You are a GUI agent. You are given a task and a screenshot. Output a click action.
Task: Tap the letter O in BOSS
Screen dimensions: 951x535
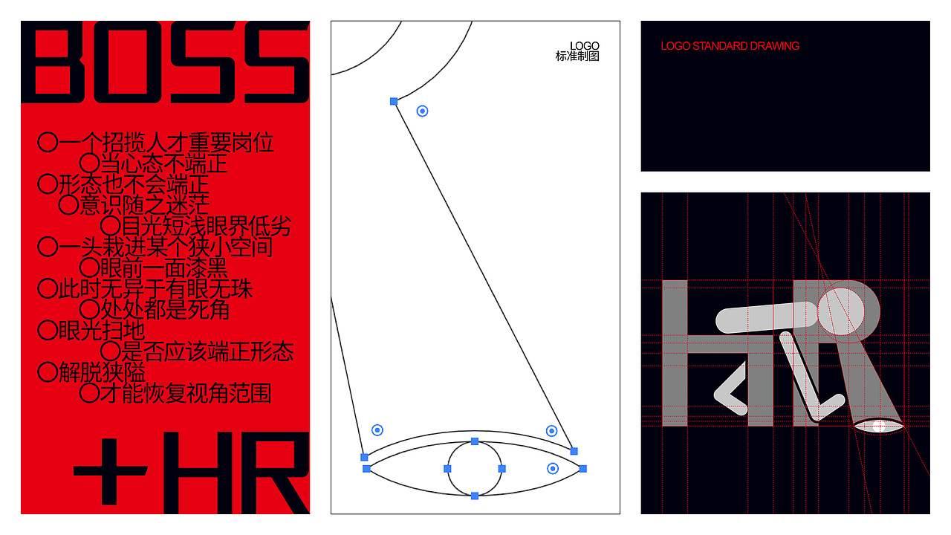[127, 62]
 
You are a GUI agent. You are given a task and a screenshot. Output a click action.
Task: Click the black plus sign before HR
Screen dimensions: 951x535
[111, 471]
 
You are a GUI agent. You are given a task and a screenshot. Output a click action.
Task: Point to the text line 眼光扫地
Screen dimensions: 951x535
[102, 331]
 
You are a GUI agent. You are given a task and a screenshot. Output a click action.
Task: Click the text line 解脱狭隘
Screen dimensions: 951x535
[102, 372]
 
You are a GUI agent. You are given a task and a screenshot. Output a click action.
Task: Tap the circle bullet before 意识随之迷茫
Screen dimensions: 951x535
[68, 204]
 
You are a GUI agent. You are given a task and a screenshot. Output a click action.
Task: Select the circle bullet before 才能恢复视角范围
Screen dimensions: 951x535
[90, 393]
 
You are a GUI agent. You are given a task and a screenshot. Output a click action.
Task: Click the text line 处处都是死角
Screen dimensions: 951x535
[165, 310]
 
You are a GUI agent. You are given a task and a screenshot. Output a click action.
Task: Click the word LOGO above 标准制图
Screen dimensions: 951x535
[585, 46]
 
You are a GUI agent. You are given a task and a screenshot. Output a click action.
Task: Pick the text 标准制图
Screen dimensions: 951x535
[577, 56]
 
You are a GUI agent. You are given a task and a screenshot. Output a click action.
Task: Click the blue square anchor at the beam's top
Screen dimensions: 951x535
[394, 102]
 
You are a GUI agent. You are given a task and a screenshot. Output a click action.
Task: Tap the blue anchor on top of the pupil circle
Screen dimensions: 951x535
[475, 441]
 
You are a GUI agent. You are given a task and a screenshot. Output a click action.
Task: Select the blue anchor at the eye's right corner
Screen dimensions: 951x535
[583, 469]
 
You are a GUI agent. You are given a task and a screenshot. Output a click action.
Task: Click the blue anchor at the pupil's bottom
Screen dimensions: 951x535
[475, 496]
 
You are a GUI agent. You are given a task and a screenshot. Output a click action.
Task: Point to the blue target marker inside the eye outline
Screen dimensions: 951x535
[552, 468]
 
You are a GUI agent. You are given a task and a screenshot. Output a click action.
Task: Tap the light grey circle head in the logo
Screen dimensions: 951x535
[840, 311]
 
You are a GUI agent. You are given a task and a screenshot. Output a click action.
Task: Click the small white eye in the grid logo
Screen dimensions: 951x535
[879, 427]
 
